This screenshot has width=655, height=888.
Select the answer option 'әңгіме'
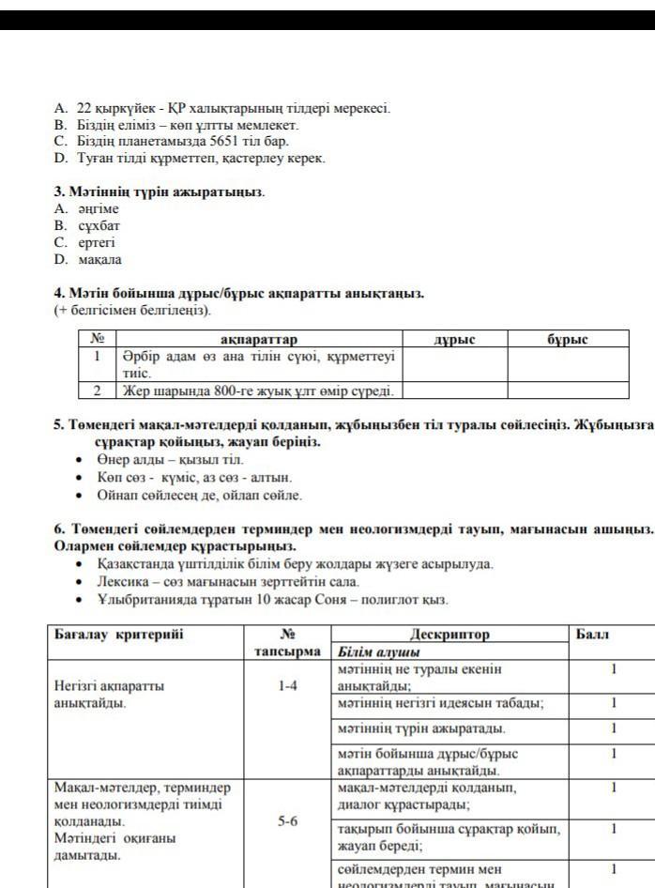[98, 209]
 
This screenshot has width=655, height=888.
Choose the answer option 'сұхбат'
[99, 226]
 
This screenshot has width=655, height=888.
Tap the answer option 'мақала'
[99, 260]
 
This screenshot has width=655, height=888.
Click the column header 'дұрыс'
[455, 339]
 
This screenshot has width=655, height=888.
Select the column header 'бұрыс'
[568, 339]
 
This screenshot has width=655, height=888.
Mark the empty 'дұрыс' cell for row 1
[455, 364]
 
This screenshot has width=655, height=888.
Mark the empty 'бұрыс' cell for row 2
[568, 390]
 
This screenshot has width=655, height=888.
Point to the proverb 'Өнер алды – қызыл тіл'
[170, 460]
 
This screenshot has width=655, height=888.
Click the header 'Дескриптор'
[449, 635]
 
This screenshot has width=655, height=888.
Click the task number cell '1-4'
[288, 686]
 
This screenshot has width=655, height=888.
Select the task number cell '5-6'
[288, 821]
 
